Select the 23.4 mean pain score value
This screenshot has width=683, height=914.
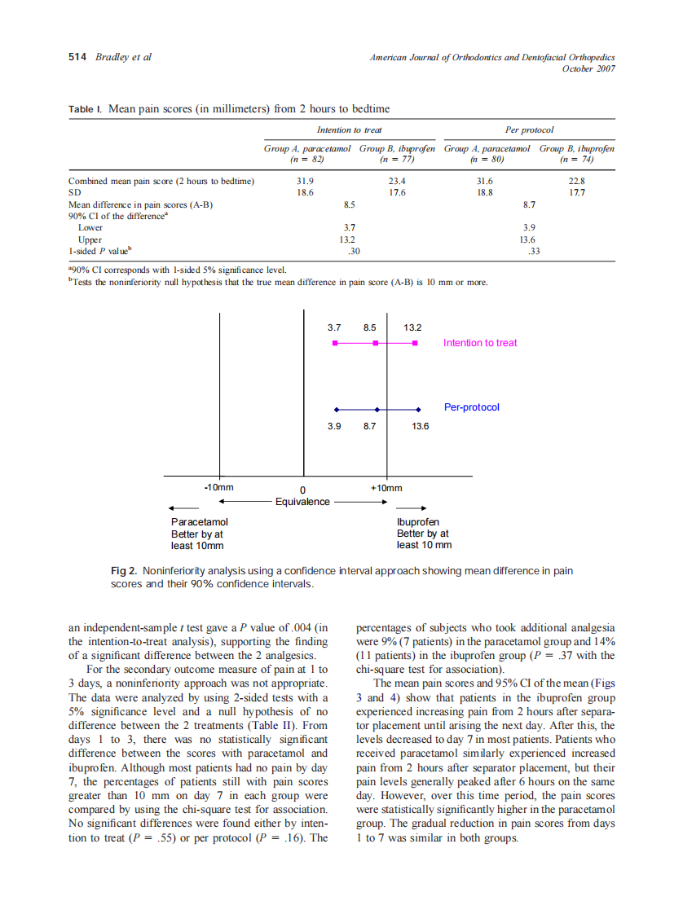pyautogui.click(x=397, y=181)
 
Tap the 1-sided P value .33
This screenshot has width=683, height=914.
pyautogui.click(x=535, y=252)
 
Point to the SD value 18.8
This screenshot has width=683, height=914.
pyautogui.click(x=484, y=193)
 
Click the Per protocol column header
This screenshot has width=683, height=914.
pyautogui.click(x=530, y=130)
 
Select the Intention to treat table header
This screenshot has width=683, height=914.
pyautogui.click(x=349, y=130)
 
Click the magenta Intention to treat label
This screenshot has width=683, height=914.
pyautogui.click(x=480, y=343)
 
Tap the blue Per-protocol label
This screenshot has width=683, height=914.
pyautogui.click(x=472, y=406)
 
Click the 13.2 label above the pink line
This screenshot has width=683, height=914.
pyautogui.click(x=413, y=327)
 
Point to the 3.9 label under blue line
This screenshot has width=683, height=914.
pyautogui.click(x=334, y=426)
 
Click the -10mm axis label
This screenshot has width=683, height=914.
pyautogui.click(x=218, y=487)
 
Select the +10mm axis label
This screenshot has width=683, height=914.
pyautogui.click(x=386, y=487)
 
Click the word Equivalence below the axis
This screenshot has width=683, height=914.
pyautogui.click(x=302, y=502)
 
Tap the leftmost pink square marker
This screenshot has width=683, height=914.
pyautogui.click(x=335, y=344)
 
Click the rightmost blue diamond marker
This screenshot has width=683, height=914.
pyautogui.click(x=418, y=410)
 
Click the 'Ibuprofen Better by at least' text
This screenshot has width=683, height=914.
pyautogui.click(x=423, y=534)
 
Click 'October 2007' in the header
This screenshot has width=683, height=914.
pyautogui.click(x=588, y=68)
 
